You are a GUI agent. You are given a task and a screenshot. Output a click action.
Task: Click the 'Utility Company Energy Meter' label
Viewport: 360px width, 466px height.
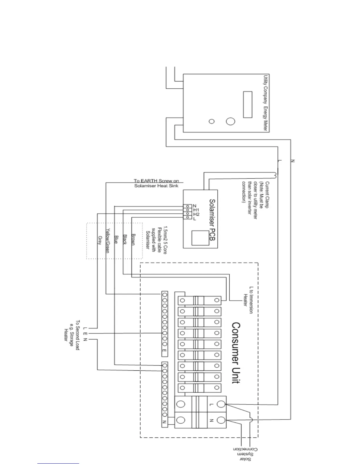[x=265, y=103]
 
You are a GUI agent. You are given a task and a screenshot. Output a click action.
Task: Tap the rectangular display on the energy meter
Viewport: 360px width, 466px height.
[x=248, y=104]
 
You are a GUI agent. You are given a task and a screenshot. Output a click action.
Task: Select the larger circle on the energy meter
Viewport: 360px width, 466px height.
[x=231, y=121]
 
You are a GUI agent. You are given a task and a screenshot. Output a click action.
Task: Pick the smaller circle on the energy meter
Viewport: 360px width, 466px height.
[x=211, y=121]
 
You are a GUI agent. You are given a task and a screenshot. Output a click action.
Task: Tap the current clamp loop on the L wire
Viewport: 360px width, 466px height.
[x=276, y=175]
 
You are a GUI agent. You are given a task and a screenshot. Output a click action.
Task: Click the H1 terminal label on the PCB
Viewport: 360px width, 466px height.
[x=196, y=210]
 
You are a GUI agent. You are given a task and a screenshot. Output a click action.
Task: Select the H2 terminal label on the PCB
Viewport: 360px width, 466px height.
[x=196, y=214]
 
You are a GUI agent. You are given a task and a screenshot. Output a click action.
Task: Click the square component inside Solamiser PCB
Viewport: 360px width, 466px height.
[x=200, y=238]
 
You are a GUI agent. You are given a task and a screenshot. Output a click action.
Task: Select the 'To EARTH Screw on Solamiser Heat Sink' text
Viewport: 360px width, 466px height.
[x=156, y=183]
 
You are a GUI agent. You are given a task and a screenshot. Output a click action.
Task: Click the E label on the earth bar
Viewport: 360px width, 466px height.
[x=164, y=351]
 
